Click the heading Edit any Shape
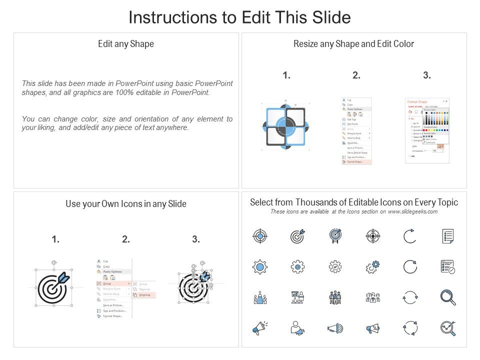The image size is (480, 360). coord(126,44)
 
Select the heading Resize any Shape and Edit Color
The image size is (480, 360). coord(353,44)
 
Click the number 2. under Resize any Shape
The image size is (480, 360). coord(356,75)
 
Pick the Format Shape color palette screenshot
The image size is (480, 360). coord(427,130)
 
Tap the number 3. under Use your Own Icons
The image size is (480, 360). coord(196,240)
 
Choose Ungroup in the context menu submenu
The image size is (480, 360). coord(144,295)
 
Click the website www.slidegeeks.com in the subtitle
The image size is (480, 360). coord(412,211)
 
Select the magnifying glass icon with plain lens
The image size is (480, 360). coord(447,297)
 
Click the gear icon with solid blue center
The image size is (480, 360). coord(260,267)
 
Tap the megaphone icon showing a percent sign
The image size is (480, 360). coord(372,328)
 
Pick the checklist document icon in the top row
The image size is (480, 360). coord(447,236)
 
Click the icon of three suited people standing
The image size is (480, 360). coord(335,298)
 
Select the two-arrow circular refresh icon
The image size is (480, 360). coord(410,297)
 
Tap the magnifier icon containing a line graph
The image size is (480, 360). coord(447,328)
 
